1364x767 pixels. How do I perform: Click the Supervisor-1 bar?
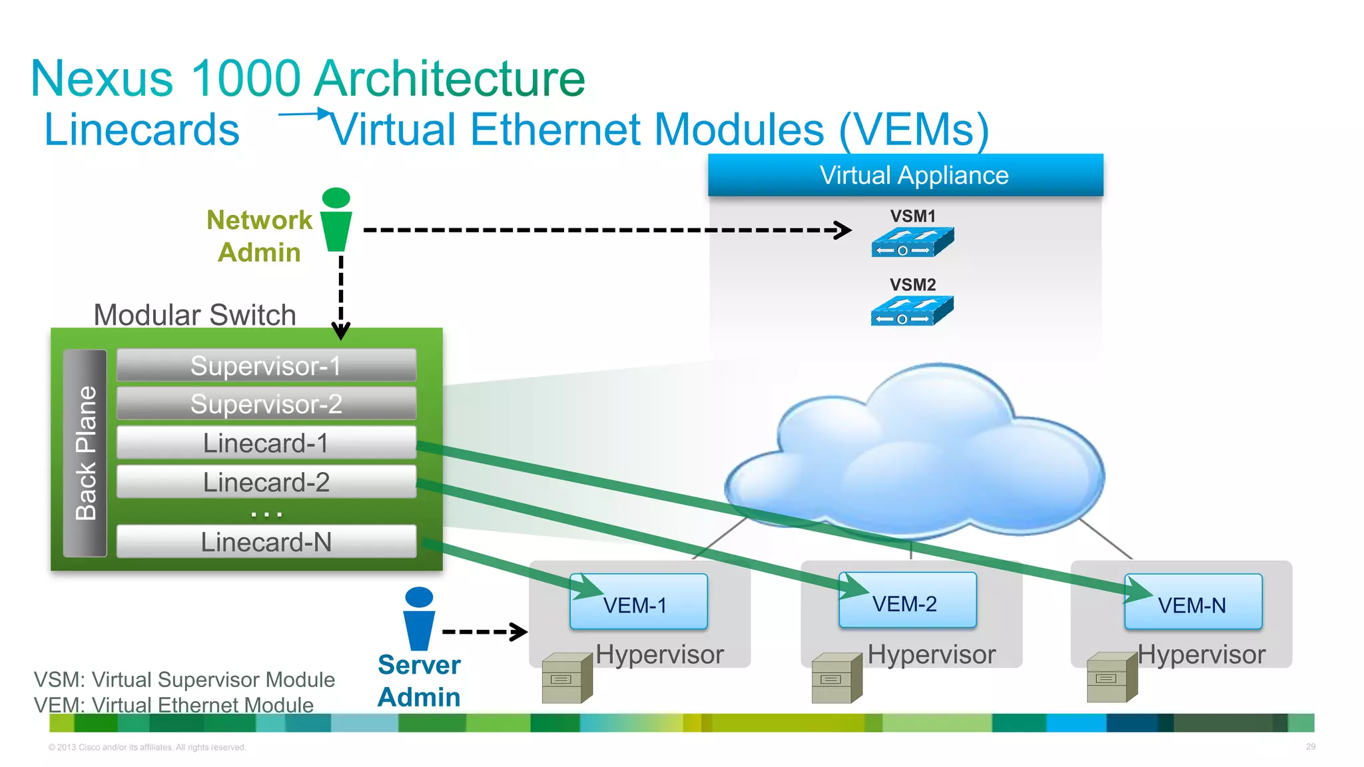[266, 366]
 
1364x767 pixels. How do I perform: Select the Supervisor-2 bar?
[266, 404]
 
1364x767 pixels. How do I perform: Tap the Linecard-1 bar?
[266, 443]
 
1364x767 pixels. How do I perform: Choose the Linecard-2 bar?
[266, 482]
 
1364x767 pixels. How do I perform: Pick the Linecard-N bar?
[266, 542]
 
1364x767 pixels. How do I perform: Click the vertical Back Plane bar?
[85, 453]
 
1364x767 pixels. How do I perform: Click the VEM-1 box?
[638, 603]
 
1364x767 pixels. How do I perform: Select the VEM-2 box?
[907, 601]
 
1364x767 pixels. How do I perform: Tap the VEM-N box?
[1193, 603]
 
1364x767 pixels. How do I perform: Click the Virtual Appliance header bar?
[905, 175]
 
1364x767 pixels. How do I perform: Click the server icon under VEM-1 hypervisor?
[567, 678]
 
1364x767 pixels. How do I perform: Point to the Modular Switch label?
[194, 315]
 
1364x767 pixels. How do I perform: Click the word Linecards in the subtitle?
[142, 129]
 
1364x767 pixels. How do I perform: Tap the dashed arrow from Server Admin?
[484, 631]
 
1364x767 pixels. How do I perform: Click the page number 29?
[1310, 746]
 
